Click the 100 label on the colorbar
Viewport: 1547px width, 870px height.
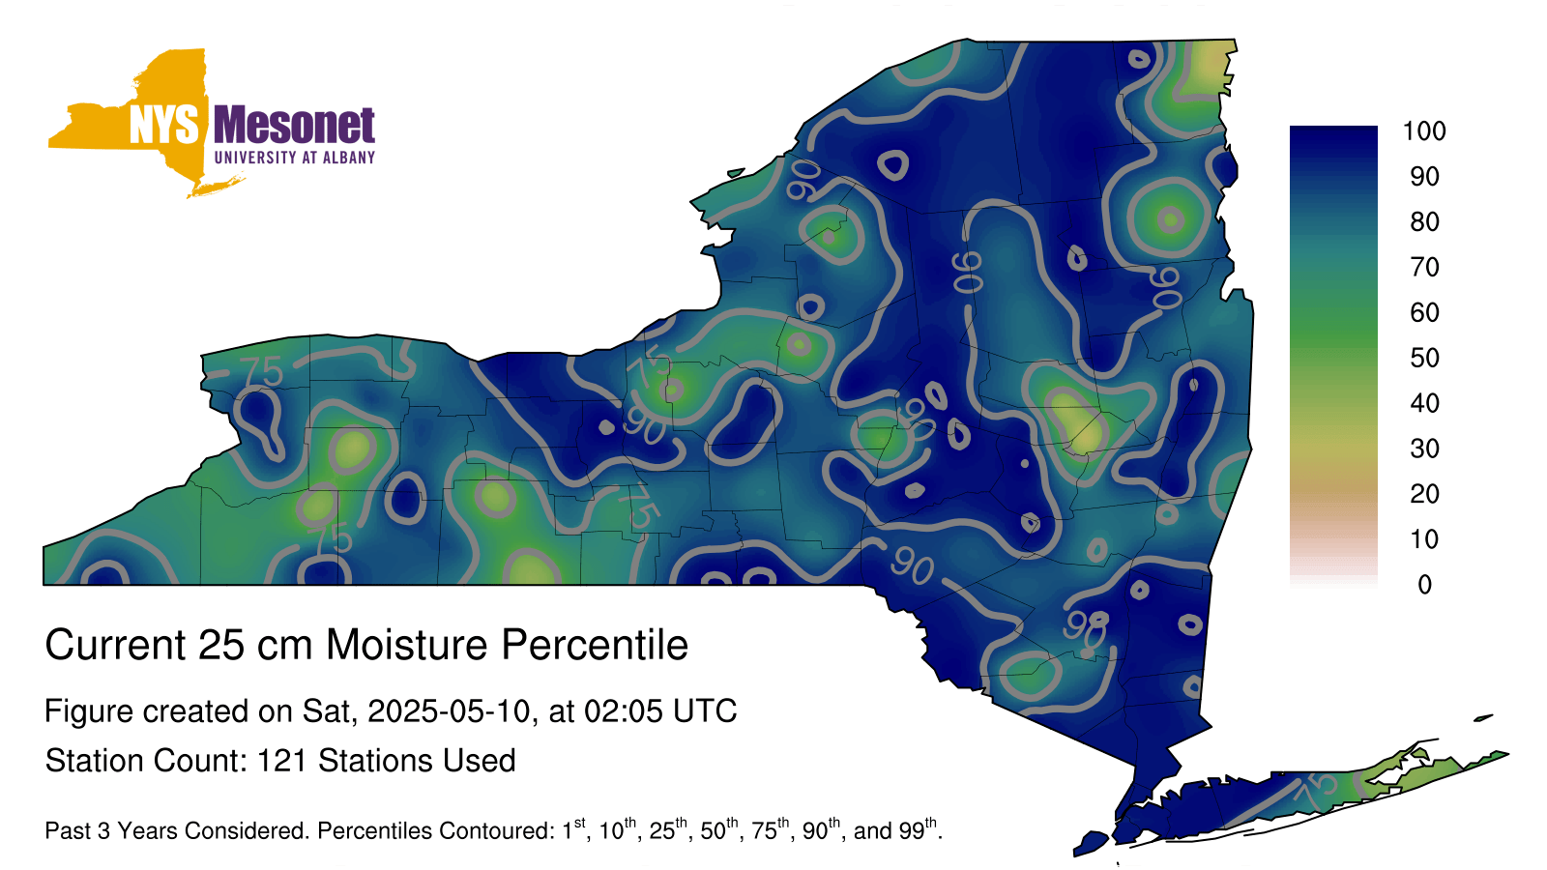[1424, 131]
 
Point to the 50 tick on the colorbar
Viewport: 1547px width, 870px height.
[1424, 358]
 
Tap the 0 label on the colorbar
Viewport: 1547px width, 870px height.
[1425, 585]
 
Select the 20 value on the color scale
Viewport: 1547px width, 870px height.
[1424, 494]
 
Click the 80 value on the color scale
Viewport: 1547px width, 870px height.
[1424, 221]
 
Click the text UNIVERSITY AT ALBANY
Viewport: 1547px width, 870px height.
[295, 158]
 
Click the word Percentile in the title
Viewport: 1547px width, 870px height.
[595, 645]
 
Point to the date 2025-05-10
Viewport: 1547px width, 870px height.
[449, 711]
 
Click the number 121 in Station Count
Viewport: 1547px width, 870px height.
[281, 761]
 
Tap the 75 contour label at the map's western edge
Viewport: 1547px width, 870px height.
[262, 372]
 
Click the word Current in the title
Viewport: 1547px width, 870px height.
[115, 645]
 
